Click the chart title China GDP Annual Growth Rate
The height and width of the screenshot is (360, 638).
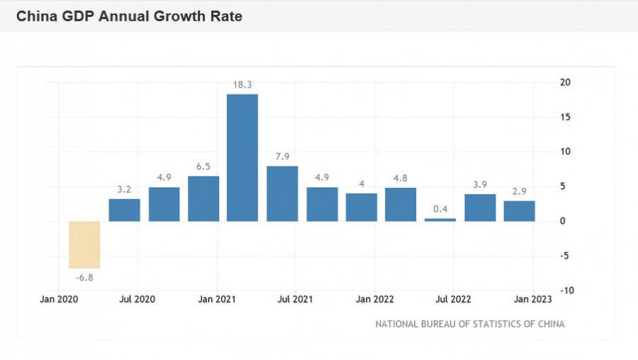(129, 16)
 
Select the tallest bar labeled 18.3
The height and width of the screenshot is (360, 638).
(242, 157)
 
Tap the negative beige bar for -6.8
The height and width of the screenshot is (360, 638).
(84, 244)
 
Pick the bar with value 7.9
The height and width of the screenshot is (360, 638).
(282, 193)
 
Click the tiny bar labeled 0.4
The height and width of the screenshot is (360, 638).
(440, 220)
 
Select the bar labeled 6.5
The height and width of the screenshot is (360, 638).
(203, 198)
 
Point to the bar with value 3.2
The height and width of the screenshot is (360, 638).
(124, 210)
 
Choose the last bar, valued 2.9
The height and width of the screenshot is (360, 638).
(520, 211)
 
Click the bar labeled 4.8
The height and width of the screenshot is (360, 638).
(401, 204)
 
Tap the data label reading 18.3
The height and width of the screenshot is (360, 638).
(242, 84)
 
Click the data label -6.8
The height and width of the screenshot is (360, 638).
(84, 278)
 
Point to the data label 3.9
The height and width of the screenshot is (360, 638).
(480, 185)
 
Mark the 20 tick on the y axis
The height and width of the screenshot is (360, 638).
(565, 82)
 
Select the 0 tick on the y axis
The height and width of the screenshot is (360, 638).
(563, 221)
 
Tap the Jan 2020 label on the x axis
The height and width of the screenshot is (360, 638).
(59, 300)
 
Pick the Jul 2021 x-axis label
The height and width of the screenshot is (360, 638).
(294, 300)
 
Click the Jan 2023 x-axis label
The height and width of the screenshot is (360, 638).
(530, 300)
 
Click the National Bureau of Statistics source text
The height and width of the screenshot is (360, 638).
(470, 324)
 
